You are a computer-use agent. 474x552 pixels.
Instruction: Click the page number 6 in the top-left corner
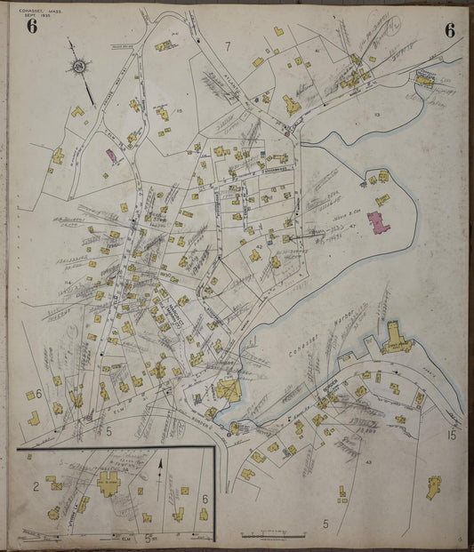pyautogui.click(x=32, y=27)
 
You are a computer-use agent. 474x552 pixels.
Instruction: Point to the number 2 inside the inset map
pyautogui.click(x=35, y=485)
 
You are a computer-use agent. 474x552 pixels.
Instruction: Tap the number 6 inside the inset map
pyautogui.click(x=204, y=500)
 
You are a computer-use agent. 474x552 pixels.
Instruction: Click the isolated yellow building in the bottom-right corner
pyautogui.click(x=433, y=486)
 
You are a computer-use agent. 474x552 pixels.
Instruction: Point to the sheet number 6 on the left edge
pyautogui.click(x=39, y=393)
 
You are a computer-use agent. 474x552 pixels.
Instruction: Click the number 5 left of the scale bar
pyautogui.click(x=326, y=524)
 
